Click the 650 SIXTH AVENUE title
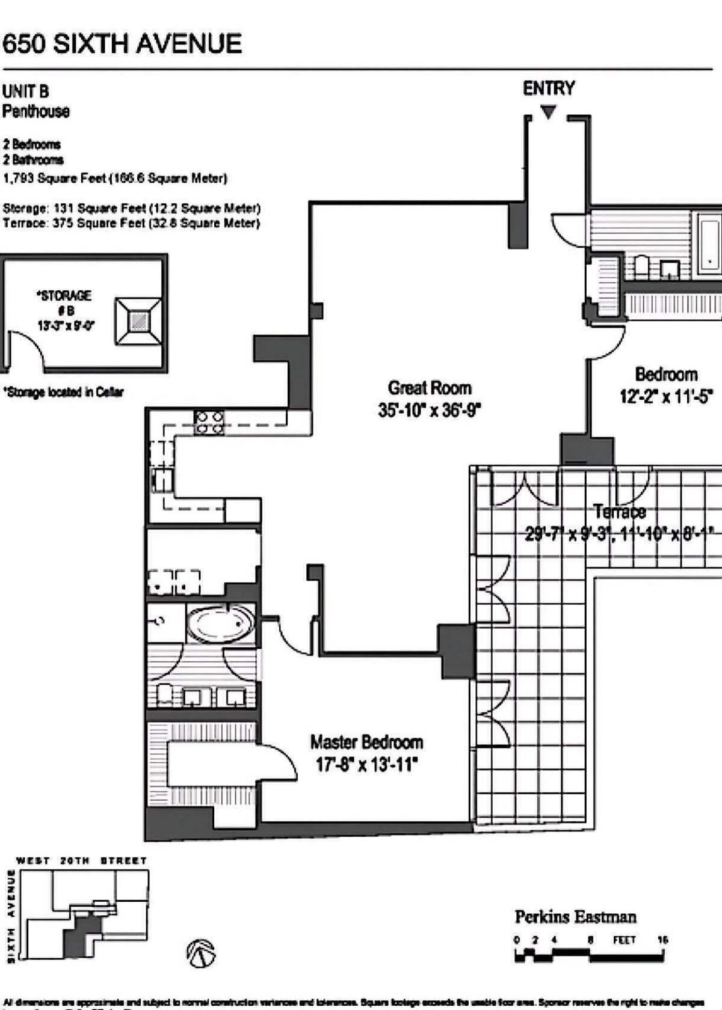click(122, 44)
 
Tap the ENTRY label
click(548, 88)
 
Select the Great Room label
click(429, 388)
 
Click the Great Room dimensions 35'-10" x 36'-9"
click(429, 411)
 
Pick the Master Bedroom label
click(366, 742)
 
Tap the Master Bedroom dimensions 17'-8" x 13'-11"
click(366, 765)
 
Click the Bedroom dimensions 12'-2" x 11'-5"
click(666, 397)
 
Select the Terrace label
click(620, 512)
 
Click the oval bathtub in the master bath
click(220, 625)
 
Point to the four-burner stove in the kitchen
click(209, 422)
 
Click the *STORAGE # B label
click(65, 302)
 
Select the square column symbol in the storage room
click(138, 321)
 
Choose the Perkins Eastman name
click(575, 917)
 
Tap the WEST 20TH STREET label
click(82, 861)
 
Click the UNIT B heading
click(25, 91)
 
